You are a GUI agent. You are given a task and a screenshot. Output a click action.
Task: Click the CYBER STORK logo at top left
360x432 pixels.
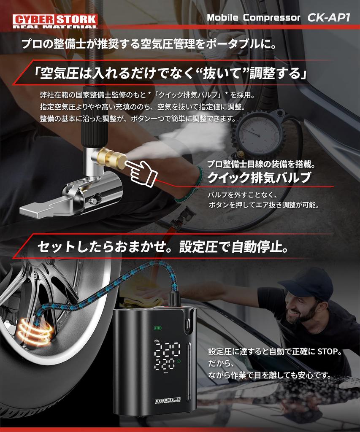55,21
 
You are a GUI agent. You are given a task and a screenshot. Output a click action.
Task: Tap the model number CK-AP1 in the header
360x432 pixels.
328,18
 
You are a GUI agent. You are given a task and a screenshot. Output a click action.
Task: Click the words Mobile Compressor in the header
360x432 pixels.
253,18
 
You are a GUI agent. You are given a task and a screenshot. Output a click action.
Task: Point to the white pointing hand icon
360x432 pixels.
141,170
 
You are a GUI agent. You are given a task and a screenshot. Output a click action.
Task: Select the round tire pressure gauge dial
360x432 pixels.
257,135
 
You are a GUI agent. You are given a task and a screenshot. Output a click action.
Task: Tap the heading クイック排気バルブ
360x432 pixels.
259,178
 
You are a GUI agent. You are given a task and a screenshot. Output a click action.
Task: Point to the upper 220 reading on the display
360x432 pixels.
167,349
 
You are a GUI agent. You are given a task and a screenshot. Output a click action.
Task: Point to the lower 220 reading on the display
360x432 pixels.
166,364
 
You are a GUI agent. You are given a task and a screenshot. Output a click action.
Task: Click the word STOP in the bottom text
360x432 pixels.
328,351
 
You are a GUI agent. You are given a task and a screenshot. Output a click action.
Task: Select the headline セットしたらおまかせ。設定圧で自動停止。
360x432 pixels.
163,247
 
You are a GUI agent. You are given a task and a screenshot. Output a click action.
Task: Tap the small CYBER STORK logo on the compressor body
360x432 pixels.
168,402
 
